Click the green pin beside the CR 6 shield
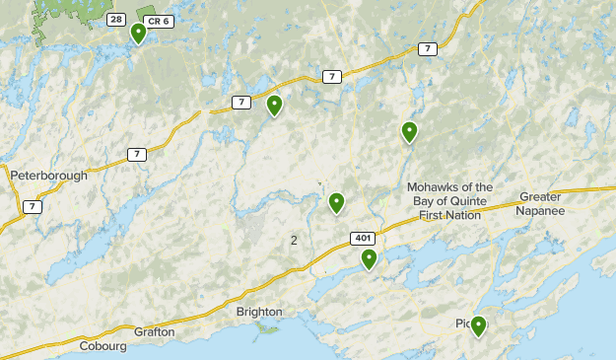pyautogui.click(x=139, y=33)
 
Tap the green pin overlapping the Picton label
pyautogui.click(x=478, y=324)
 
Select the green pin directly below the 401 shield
pyautogui.click(x=369, y=258)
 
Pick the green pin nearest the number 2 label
pyautogui.click(x=336, y=202)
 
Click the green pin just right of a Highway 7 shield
pyautogui.click(x=274, y=105)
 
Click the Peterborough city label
pyautogui.click(x=48, y=176)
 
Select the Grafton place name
pyautogui.click(x=156, y=332)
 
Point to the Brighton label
pyautogui.click(x=259, y=312)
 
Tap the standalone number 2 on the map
pyautogui.click(x=294, y=240)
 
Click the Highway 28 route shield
pyautogui.click(x=117, y=20)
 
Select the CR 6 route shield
pyautogui.click(x=158, y=20)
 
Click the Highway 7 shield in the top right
pyautogui.click(x=426, y=48)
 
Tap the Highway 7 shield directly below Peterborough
pyautogui.click(x=34, y=206)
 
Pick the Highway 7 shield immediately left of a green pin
pyautogui.click(x=241, y=102)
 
